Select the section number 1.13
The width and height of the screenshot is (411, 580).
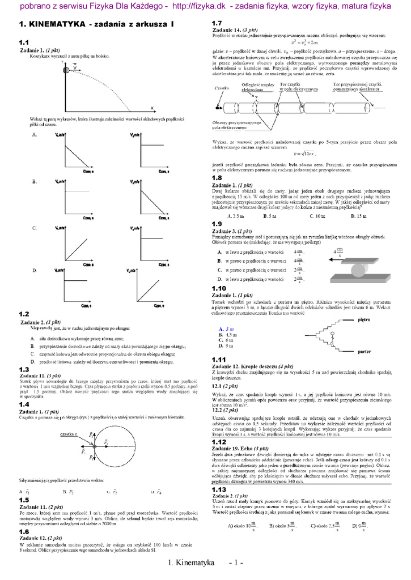click(219, 489)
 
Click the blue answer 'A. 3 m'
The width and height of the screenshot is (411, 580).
click(225, 329)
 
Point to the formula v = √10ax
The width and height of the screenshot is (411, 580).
click(305, 153)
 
